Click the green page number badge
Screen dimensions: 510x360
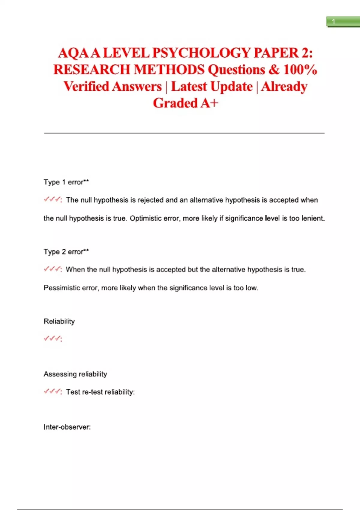point(343,22)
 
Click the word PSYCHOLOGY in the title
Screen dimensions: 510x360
point(201,53)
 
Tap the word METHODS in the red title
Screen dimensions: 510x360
point(169,70)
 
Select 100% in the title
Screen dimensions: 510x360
point(300,70)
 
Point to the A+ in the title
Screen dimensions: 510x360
point(209,103)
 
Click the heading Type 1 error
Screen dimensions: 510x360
point(66,182)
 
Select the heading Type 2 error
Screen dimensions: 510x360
point(66,252)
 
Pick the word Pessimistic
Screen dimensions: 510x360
point(62,288)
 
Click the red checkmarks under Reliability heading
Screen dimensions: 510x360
point(53,339)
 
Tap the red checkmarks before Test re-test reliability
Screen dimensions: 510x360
point(53,391)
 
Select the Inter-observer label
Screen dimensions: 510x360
point(67,427)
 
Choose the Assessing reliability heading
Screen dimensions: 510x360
point(75,374)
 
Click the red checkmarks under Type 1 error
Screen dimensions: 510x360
point(53,199)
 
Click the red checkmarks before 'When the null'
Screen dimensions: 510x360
point(53,269)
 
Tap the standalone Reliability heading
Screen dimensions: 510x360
point(59,321)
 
